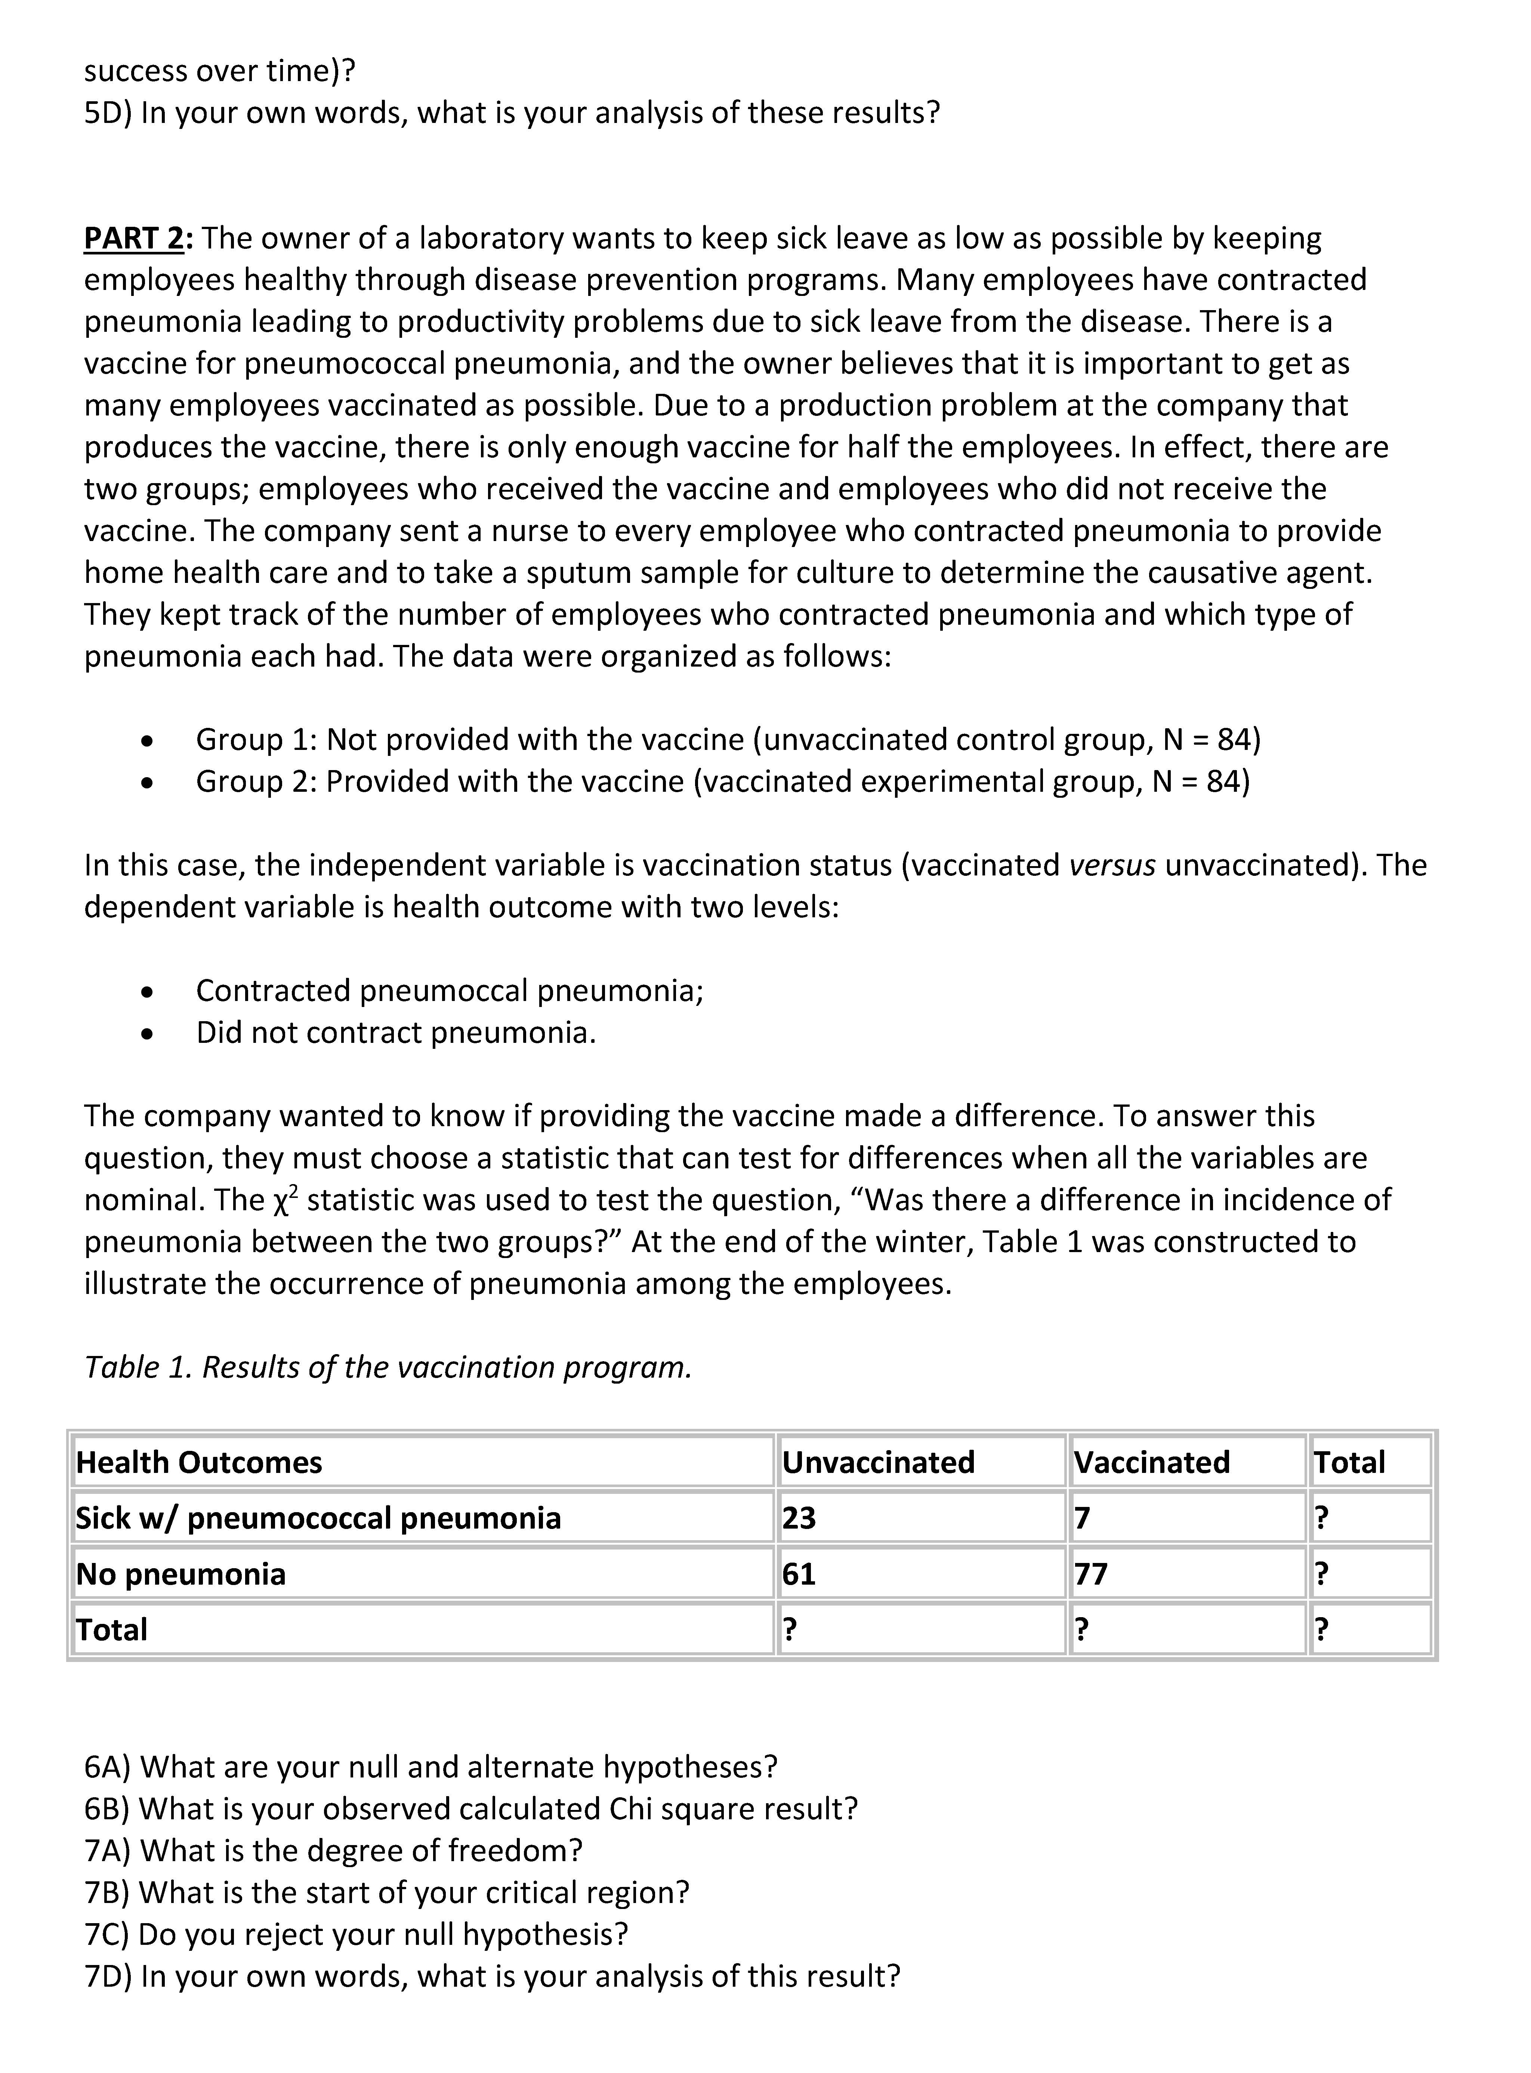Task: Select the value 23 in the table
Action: pos(799,1518)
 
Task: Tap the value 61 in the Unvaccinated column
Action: pos(799,1573)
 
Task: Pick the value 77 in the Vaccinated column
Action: pos(1091,1573)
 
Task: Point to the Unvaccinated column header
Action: pos(878,1462)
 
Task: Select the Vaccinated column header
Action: pos(1151,1462)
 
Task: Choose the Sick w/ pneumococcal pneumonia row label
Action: pos(318,1518)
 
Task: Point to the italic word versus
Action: pos(1112,865)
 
